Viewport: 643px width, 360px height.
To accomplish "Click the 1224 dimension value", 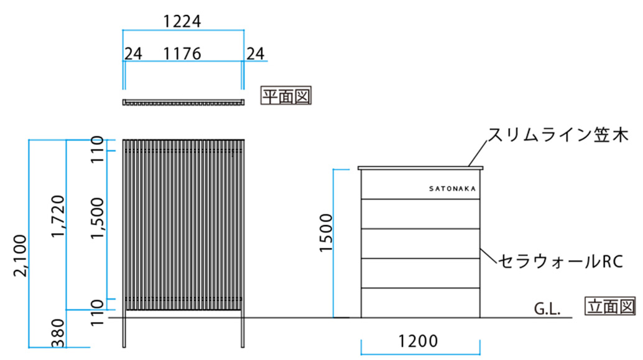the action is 182,21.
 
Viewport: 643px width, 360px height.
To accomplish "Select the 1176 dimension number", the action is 182,53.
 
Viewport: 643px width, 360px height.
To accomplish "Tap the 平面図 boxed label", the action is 286,96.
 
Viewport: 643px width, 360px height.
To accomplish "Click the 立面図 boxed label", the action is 610,307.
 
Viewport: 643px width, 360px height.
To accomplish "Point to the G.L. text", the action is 547,309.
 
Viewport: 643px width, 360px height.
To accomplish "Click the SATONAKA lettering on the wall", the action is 452,188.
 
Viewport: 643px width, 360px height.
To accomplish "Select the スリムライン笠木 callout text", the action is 558,134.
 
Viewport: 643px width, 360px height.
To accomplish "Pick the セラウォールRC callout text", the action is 560,261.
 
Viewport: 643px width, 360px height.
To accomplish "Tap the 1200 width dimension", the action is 418,341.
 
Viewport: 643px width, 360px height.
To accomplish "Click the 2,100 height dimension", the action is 20,256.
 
